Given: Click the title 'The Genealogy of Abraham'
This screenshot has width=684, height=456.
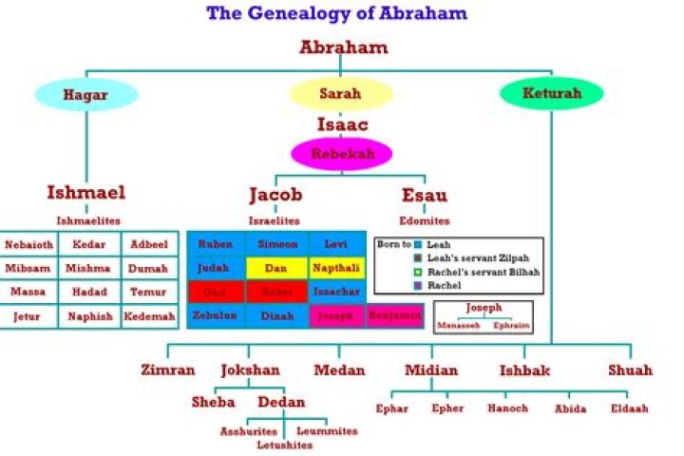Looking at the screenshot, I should (336, 13).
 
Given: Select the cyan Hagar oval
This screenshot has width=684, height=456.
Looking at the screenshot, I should (86, 94).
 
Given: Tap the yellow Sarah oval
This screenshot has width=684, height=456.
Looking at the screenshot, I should (340, 94).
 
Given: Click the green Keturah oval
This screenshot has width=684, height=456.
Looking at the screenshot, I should (552, 94).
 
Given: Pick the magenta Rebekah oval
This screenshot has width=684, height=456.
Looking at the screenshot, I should (340, 153).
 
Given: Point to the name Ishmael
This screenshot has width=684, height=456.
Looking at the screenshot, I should (85, 193).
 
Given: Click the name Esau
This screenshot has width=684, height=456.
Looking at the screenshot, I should (425, 196).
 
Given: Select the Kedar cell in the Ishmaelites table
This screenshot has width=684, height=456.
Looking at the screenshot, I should (88, 244).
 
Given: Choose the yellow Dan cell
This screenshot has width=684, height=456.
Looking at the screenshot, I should (276, 268).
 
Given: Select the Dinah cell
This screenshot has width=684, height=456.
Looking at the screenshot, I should (276, 315).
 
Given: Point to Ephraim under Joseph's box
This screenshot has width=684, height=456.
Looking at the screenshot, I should (510, 325).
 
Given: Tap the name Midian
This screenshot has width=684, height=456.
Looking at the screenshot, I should (430, 370).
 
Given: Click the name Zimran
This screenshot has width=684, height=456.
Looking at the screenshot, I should (167, 370).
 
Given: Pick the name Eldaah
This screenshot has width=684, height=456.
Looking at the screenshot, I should (630, 408).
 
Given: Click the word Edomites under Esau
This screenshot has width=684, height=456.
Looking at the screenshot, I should (425, 220).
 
